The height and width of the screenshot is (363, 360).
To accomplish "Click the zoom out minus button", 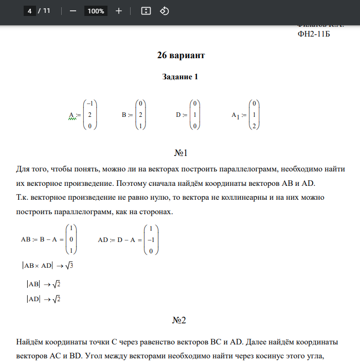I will coord(73,11).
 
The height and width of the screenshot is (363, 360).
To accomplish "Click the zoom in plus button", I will coord(119,11).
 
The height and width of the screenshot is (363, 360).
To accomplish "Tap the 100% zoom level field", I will coord(96,11).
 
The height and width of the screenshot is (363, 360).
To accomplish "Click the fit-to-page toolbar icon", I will coord(146,11).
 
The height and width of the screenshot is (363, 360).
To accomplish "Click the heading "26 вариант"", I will coord(181,55).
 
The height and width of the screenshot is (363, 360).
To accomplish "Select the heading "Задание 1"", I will coord(180,77).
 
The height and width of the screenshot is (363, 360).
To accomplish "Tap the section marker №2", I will coord(180,320).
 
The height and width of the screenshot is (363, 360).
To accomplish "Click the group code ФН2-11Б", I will coord(314,34).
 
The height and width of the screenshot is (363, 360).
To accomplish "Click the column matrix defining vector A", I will coord(90,114).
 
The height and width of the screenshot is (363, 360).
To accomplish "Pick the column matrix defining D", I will coord(195,114).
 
